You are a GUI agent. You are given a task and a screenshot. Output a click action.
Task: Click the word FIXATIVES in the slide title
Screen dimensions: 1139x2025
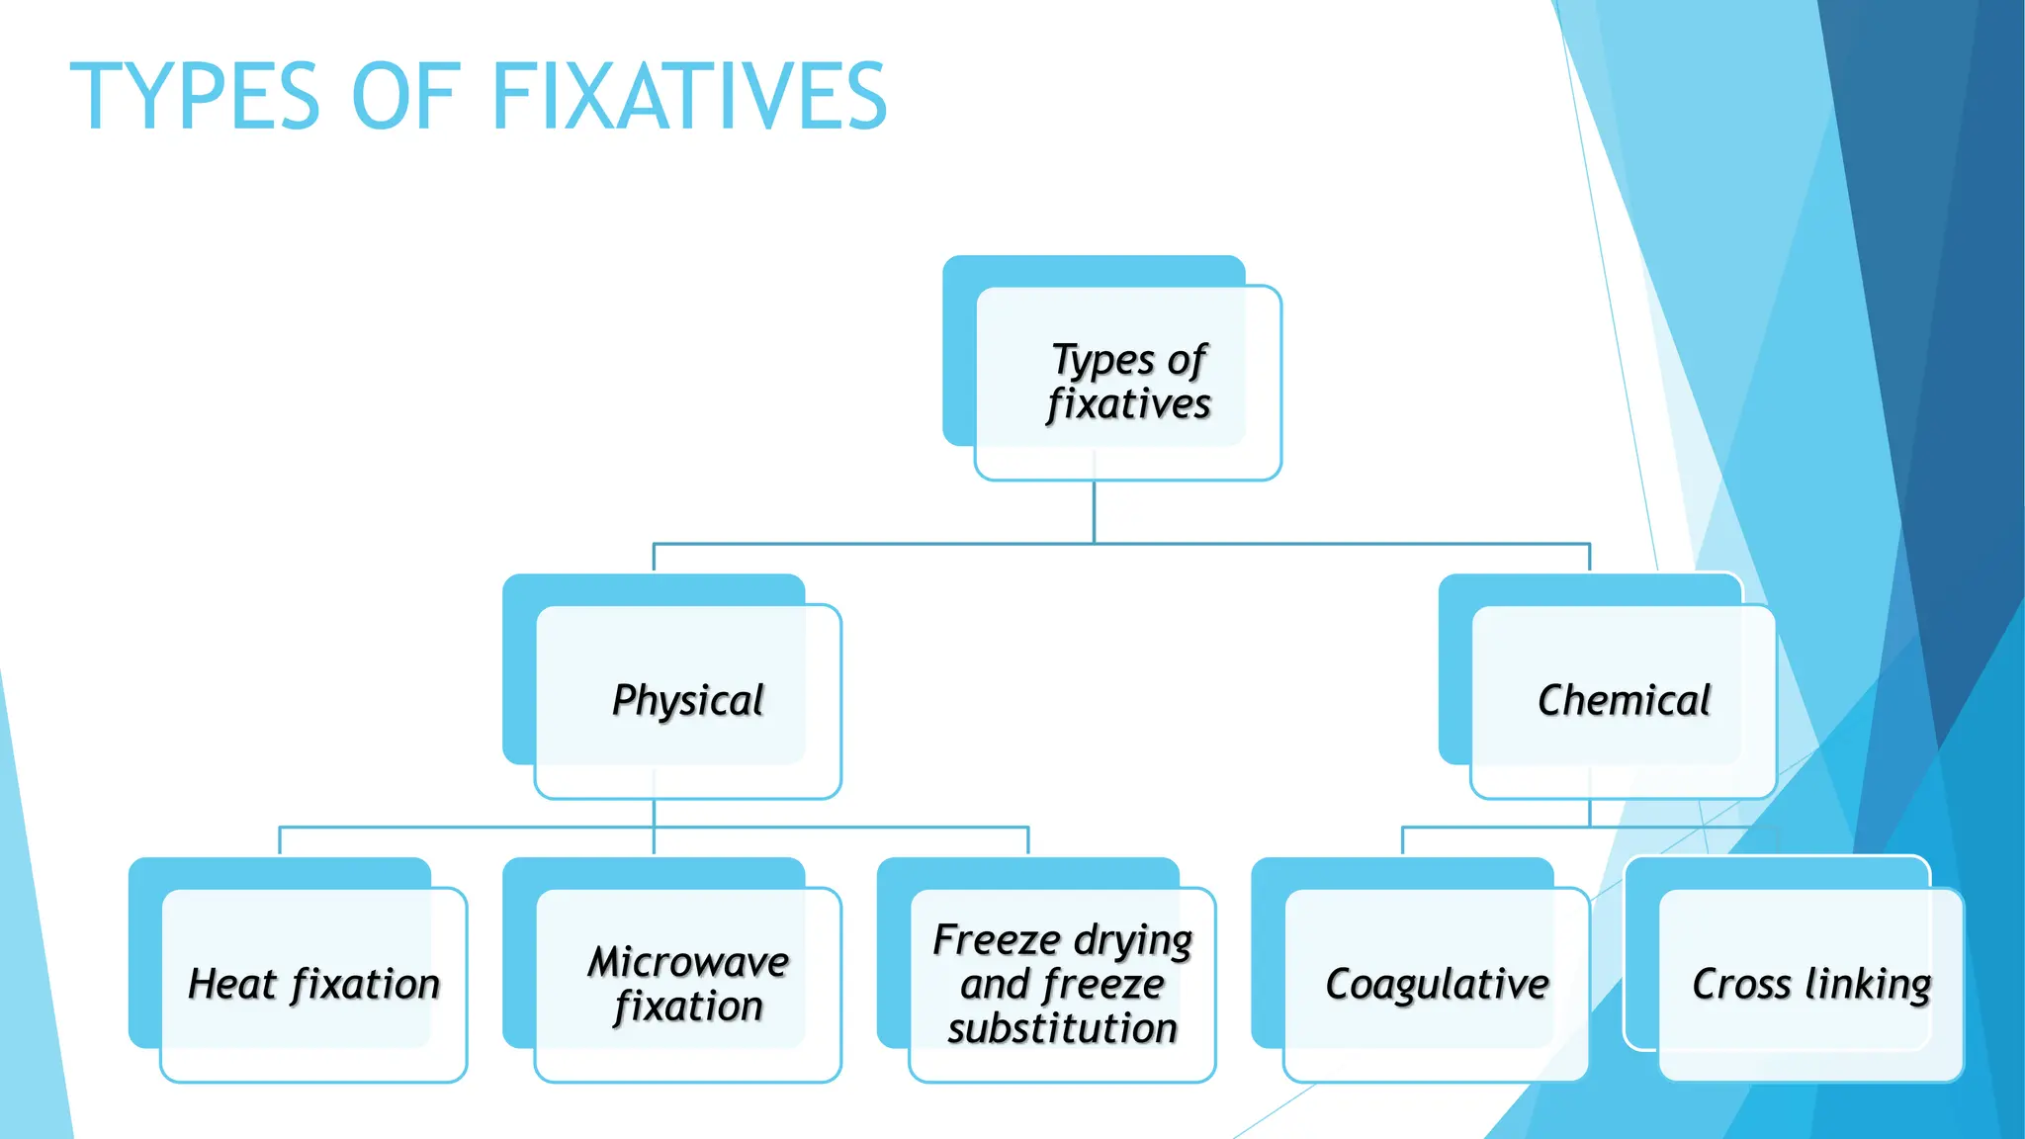coord(689,97)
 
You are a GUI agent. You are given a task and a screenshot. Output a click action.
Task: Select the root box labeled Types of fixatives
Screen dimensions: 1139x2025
coord(1128,382)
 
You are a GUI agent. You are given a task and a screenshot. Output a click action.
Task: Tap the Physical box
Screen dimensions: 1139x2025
coord(688,700)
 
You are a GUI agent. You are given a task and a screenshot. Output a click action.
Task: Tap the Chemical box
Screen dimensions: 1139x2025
coord(1624,700)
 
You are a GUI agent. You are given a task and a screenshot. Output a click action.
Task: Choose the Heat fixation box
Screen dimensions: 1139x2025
coord(313,984)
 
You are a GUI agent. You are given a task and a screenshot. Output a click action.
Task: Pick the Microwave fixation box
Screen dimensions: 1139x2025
coord(688,984)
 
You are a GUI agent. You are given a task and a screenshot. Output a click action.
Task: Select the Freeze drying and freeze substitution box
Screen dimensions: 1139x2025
coord(1062,984)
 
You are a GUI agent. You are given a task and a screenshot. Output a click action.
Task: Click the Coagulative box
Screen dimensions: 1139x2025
coord(1437,984)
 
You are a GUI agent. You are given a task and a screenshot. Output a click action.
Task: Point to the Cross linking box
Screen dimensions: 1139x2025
coord(1810,984)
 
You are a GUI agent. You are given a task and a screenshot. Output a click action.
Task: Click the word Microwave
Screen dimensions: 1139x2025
coord(688,961)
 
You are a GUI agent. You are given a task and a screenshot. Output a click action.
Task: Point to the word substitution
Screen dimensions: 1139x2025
coord(1062,1028)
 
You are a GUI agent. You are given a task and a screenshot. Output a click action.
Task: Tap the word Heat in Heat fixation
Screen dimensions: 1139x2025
coord(232,984)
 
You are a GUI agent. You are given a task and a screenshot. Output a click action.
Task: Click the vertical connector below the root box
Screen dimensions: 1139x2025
coord(1094,512)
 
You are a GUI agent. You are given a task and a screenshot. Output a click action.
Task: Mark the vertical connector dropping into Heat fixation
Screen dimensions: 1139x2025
coord(280,840)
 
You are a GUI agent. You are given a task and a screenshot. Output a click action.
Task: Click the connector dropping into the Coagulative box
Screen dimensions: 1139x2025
coord(1403,840)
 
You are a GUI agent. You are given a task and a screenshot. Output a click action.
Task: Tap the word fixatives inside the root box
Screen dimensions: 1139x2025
coord(1128,404)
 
